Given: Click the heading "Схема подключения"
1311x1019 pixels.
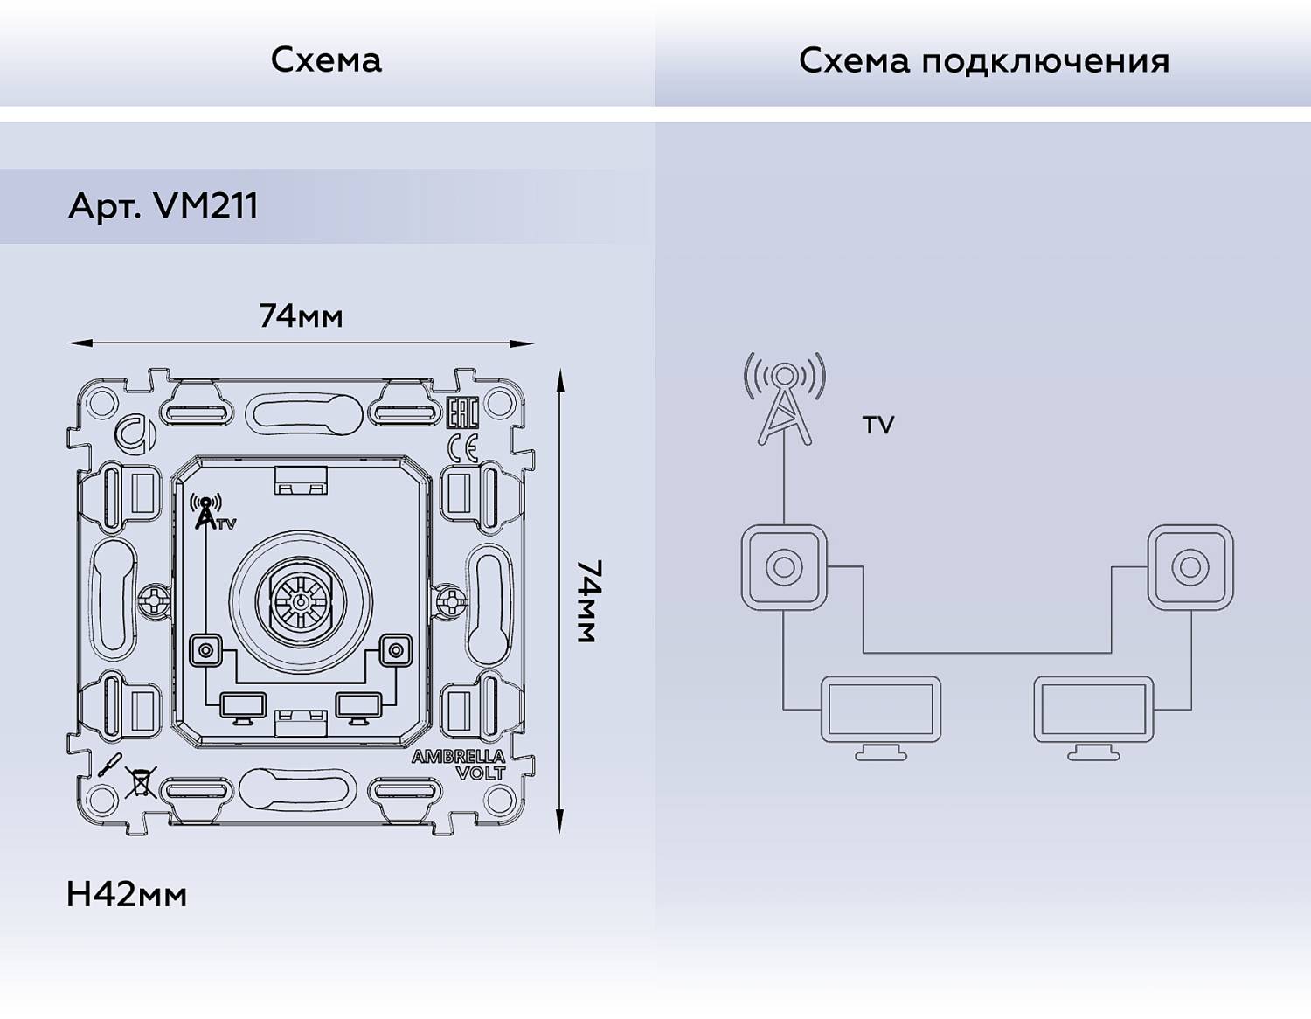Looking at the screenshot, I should pyautogui.click(x=983, y=60).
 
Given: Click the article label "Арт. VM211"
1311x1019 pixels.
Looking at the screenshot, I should pyautogui.click(x=163, y=206).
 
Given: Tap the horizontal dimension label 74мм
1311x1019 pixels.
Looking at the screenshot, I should pyautogui.click(x=301, y=315).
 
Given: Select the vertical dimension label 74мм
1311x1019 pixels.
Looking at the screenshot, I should pyautogui.click(x=588, y=601).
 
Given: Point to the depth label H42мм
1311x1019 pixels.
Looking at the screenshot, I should pyautogui.click(x=127, y=894).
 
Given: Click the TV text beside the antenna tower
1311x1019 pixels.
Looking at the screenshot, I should pyautogui.click(x=878, y=426).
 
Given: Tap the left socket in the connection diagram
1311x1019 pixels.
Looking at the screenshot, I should pyautogui.click(x=784, y=567).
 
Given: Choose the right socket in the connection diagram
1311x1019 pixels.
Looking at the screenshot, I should pyautogui.click(x=1190, y=567).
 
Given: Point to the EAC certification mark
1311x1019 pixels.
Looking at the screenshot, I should pyautogui.click(x=461, y=412).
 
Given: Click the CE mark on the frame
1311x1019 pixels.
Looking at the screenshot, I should pyautogui.click(x=462, y=447).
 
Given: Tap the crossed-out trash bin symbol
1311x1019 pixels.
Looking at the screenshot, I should pyautogui.click(x=140, y=780).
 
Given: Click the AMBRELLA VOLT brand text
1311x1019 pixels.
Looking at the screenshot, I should pyautogui.click(x=459, y=764).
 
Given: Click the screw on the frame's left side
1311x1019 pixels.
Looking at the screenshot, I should pyautogui.click(x=154, y=600).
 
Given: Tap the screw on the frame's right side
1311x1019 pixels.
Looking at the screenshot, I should pyautogui.click(x=451, y=600).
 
